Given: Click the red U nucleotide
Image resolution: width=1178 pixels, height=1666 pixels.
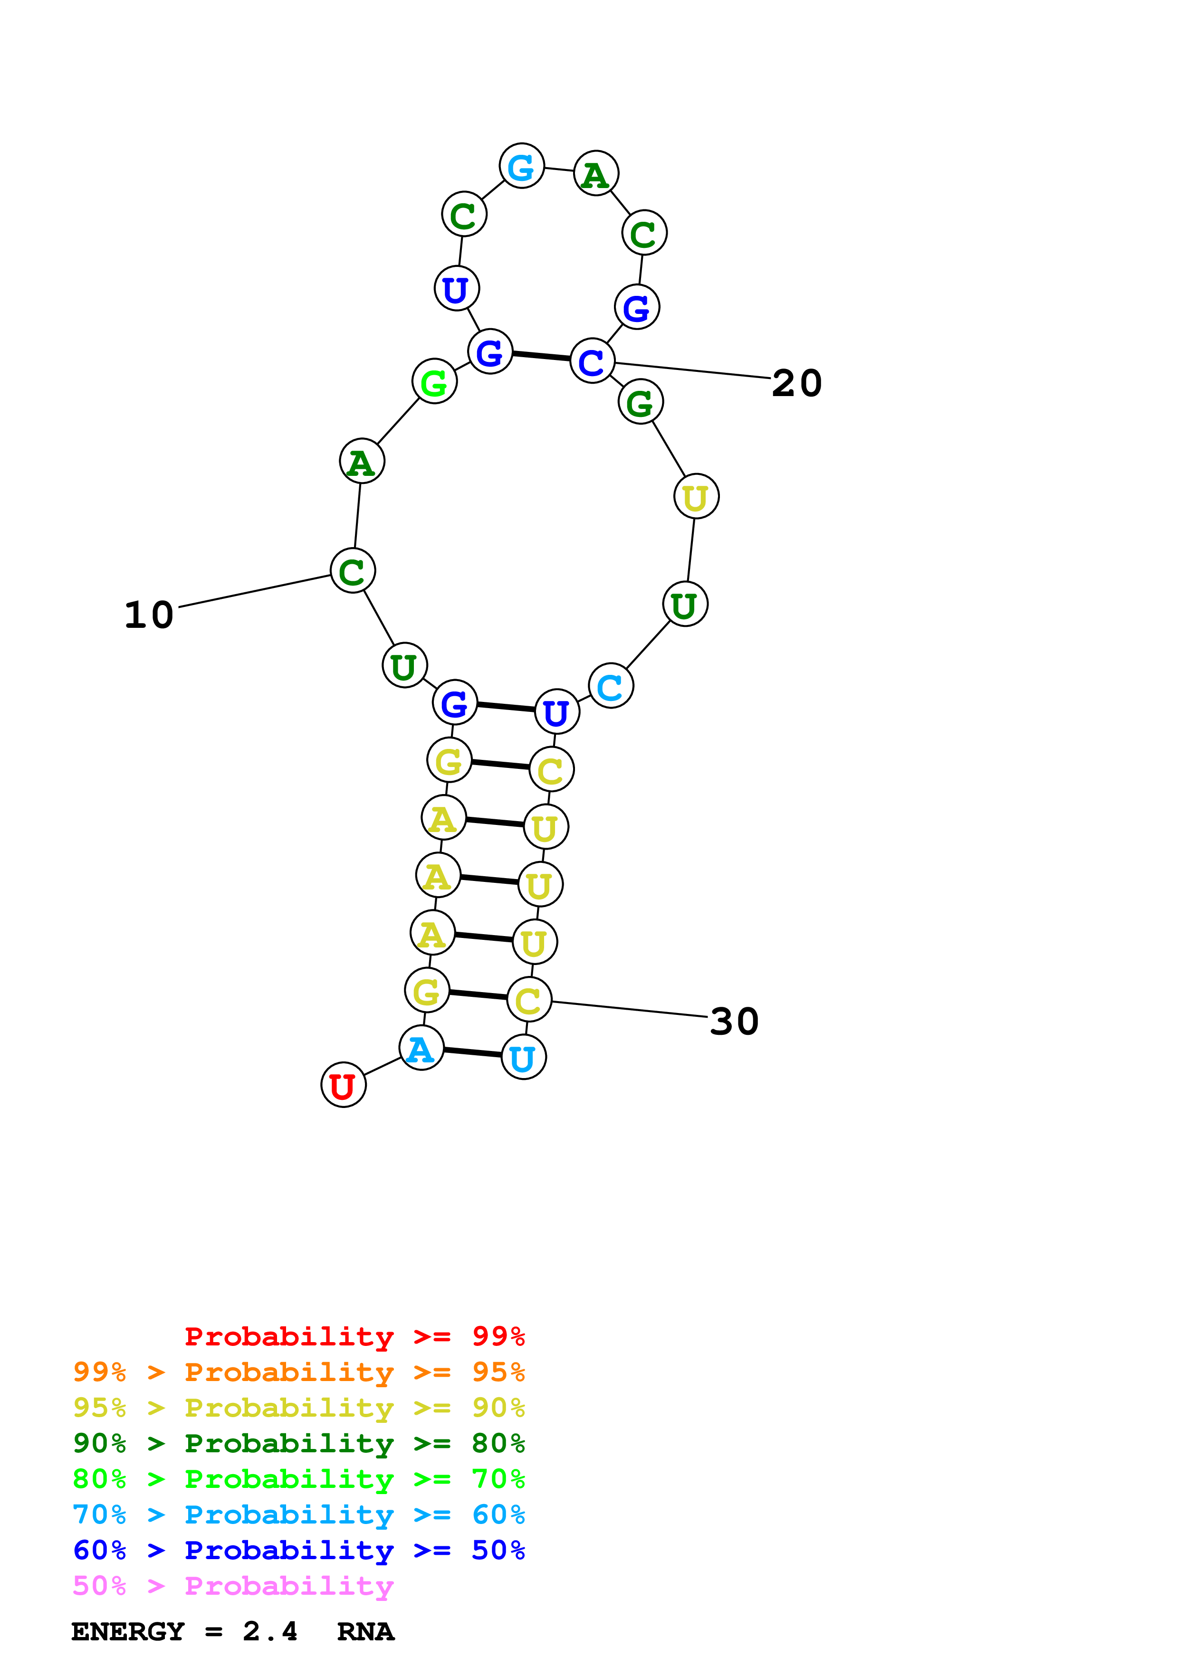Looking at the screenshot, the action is point(343,1086).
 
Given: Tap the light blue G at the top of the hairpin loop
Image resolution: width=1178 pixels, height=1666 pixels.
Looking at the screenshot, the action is point(521,166).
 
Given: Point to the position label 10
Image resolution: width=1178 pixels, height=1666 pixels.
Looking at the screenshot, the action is point(149,615).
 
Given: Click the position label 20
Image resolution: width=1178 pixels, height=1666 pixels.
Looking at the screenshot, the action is point(797,383).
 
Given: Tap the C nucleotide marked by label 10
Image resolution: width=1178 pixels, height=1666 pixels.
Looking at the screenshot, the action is point(352,571).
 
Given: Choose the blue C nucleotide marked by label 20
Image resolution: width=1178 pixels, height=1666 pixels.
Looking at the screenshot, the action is point(592,360).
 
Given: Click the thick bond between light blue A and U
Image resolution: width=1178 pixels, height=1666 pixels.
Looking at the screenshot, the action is point(472,1052).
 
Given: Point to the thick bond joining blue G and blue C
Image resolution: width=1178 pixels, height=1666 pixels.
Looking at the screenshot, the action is point(541,356).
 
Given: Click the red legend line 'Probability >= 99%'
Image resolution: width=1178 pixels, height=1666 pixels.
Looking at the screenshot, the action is point(355,1336).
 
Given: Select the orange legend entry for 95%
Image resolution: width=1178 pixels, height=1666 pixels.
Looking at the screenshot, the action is point(299,1372).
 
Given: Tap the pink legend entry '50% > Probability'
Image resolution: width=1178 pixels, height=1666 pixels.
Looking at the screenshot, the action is point(233,1585).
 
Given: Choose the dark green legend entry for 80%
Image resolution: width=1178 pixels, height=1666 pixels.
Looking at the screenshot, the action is point(299,1443).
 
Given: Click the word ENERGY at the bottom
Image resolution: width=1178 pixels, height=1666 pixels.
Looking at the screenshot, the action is point(128,1631).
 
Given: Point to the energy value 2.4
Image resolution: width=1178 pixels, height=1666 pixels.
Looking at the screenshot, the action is point(270,1631).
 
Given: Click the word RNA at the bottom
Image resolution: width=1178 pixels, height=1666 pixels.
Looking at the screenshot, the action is point(366,1631).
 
